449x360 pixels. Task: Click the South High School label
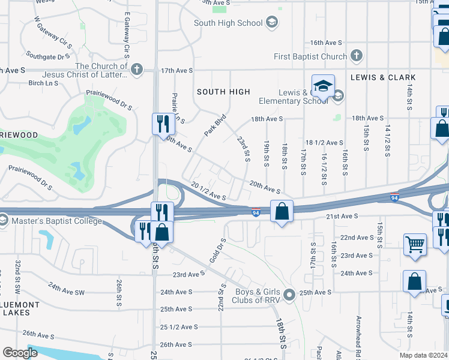228,23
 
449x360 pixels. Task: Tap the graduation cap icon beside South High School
272,23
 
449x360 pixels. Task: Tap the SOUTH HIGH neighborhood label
223,92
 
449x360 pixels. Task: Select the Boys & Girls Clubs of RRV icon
289,295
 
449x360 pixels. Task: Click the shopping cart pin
415,245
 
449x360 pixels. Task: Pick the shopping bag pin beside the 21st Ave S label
282,212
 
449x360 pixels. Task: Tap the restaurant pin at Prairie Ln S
163,124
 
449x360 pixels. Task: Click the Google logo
20,353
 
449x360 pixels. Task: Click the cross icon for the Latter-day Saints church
137,68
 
